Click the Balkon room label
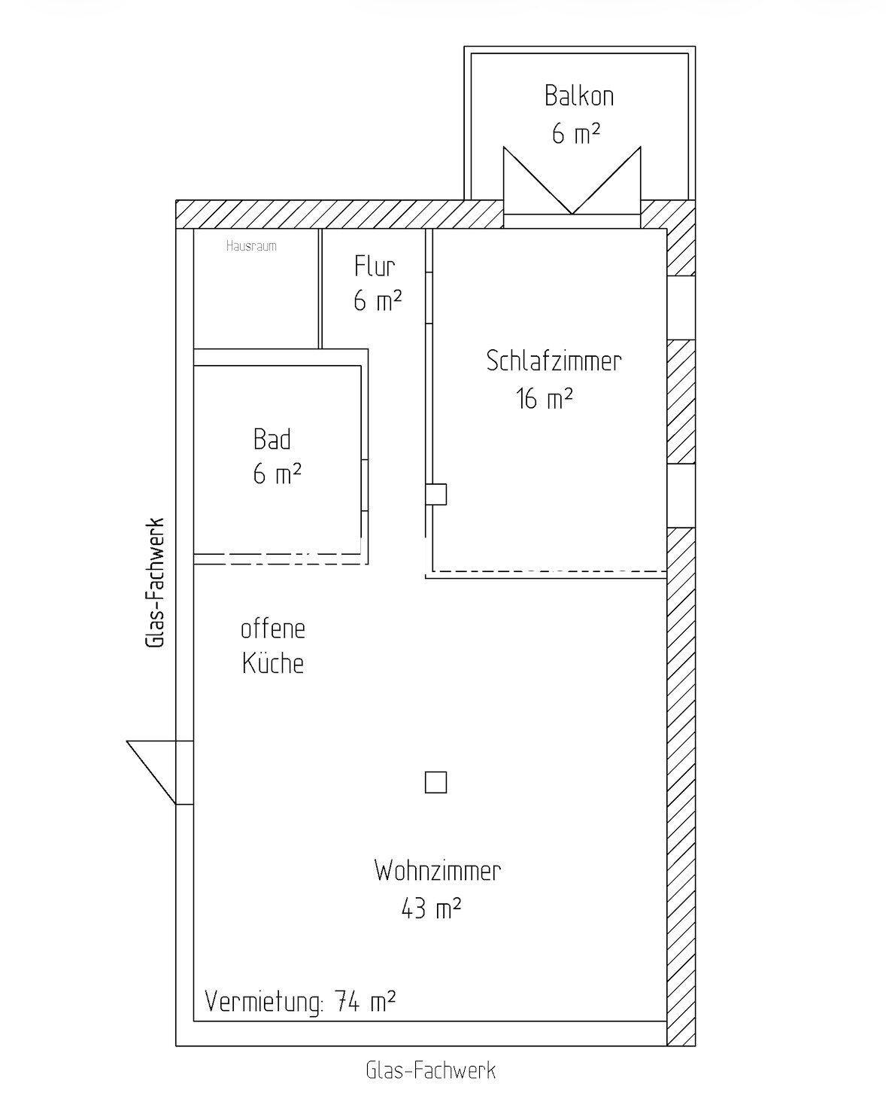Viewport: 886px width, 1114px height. [x=578, y=96]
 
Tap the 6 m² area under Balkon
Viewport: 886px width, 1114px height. [x=575, y=134]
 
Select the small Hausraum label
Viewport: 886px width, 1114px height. [x=251, y=246]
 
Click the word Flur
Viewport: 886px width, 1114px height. [x=375, y=266]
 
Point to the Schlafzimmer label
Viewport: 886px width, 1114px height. [x=554, y=361]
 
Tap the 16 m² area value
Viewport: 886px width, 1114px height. [x=544, y=398]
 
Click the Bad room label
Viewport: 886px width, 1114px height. [x=272, y=439]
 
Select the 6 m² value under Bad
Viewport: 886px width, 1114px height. [x=277, y=474]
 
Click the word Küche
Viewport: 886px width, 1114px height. [x=272, y=662]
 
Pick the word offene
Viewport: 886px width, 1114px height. [x=272, y=629]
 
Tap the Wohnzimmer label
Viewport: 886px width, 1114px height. [x=437, y=872]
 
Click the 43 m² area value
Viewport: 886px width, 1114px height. [x=430, y=909]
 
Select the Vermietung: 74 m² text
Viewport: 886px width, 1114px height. [x=300, y=1003]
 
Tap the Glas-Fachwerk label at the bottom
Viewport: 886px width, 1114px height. [x=430, y=1070]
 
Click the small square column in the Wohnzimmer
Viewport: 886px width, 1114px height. [x=435, y=783]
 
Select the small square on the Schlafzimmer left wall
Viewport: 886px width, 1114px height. [x=437, y=494]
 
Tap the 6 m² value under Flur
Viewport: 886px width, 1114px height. [x=378, y=302]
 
